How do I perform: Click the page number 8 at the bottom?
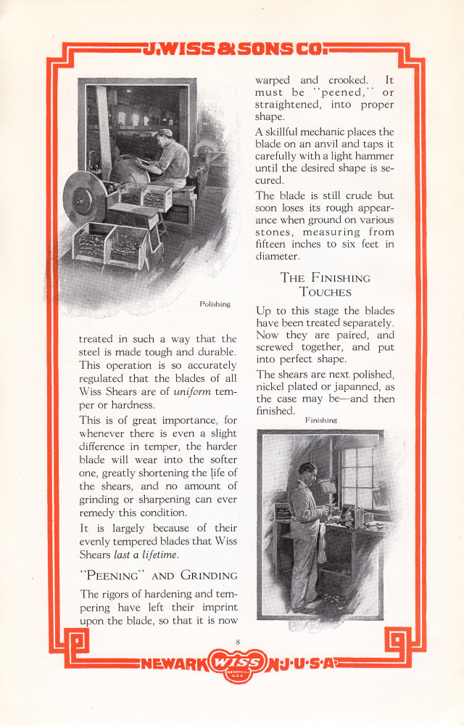coord(237,640)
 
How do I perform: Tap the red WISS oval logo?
coord(238,664)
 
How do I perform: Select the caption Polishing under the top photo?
coord(215,304)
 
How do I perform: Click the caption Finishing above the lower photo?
coord(321,420)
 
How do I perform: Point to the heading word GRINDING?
coord(208,576)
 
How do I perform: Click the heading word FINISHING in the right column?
coord(336,277)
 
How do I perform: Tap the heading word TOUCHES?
coord(326,292)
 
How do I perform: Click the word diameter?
coord(277,256)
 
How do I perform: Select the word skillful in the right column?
coord(291,131)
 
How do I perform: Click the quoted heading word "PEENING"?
coord(109,576)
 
